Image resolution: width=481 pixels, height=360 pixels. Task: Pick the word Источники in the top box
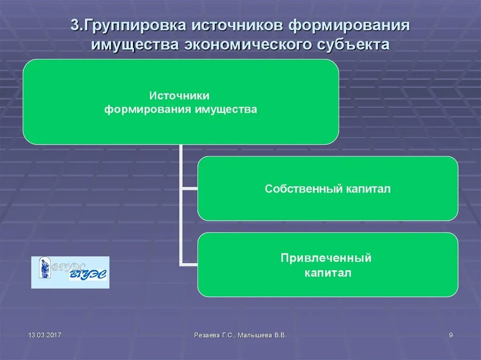click(180, 96)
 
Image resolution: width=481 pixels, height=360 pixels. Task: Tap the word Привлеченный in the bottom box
click(326, 258)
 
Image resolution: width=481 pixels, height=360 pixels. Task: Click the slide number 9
click(451, 335)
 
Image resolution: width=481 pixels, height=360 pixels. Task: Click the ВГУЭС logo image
click(70, 272)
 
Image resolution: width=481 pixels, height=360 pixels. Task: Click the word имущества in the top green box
click(231, 110)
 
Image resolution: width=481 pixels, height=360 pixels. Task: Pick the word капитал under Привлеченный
click(327, 273)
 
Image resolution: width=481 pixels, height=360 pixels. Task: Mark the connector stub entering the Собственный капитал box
click(189, 189)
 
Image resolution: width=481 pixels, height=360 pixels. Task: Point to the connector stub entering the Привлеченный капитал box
click(189, 265)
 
